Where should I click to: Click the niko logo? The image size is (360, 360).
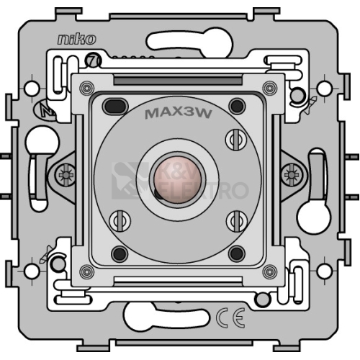click(x=76, y=40)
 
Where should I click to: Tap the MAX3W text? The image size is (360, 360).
click(x=179, y=114)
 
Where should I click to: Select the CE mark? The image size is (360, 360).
click(x=230, y=318)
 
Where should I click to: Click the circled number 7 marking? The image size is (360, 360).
click(x=94, y=60)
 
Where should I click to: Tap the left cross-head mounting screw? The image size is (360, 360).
click(x=66, y=174)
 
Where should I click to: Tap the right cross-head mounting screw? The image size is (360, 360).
click(x=292, y=174)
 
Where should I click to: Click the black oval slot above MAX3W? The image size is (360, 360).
click(x=115, y=106)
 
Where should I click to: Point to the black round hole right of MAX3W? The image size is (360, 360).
click(x=237, y=106)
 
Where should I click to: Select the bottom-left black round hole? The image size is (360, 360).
click(x=120, y=253)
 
